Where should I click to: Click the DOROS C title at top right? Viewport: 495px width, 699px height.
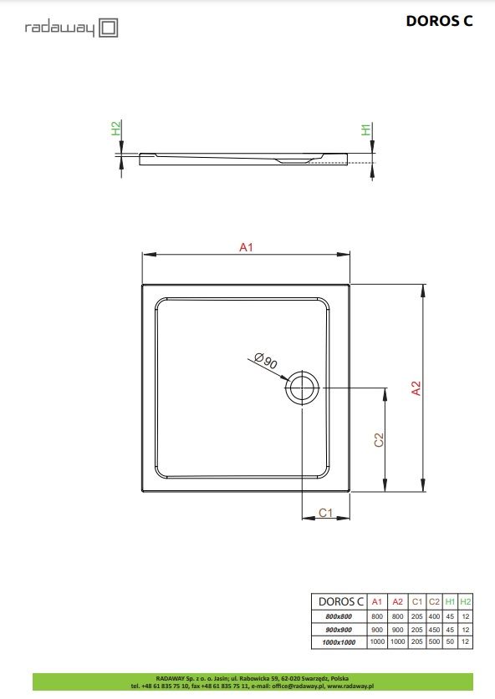tap(439, 21)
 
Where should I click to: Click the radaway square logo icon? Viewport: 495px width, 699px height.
tap(108, 28)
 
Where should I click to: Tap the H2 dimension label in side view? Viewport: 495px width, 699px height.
tap(116, 129)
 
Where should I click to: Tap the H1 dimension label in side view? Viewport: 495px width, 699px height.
tap(366, 129)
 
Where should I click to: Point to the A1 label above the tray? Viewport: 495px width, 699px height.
tap(246, 247)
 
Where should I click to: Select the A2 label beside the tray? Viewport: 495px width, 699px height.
tap(416, 388)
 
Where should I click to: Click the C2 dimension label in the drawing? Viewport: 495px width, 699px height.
tap(379, 439)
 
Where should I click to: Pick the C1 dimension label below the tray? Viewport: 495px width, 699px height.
tap(326, 513)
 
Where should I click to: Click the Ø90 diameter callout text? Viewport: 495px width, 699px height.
tap(266, 360)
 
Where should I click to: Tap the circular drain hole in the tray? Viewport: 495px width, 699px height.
tap(302, 387)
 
